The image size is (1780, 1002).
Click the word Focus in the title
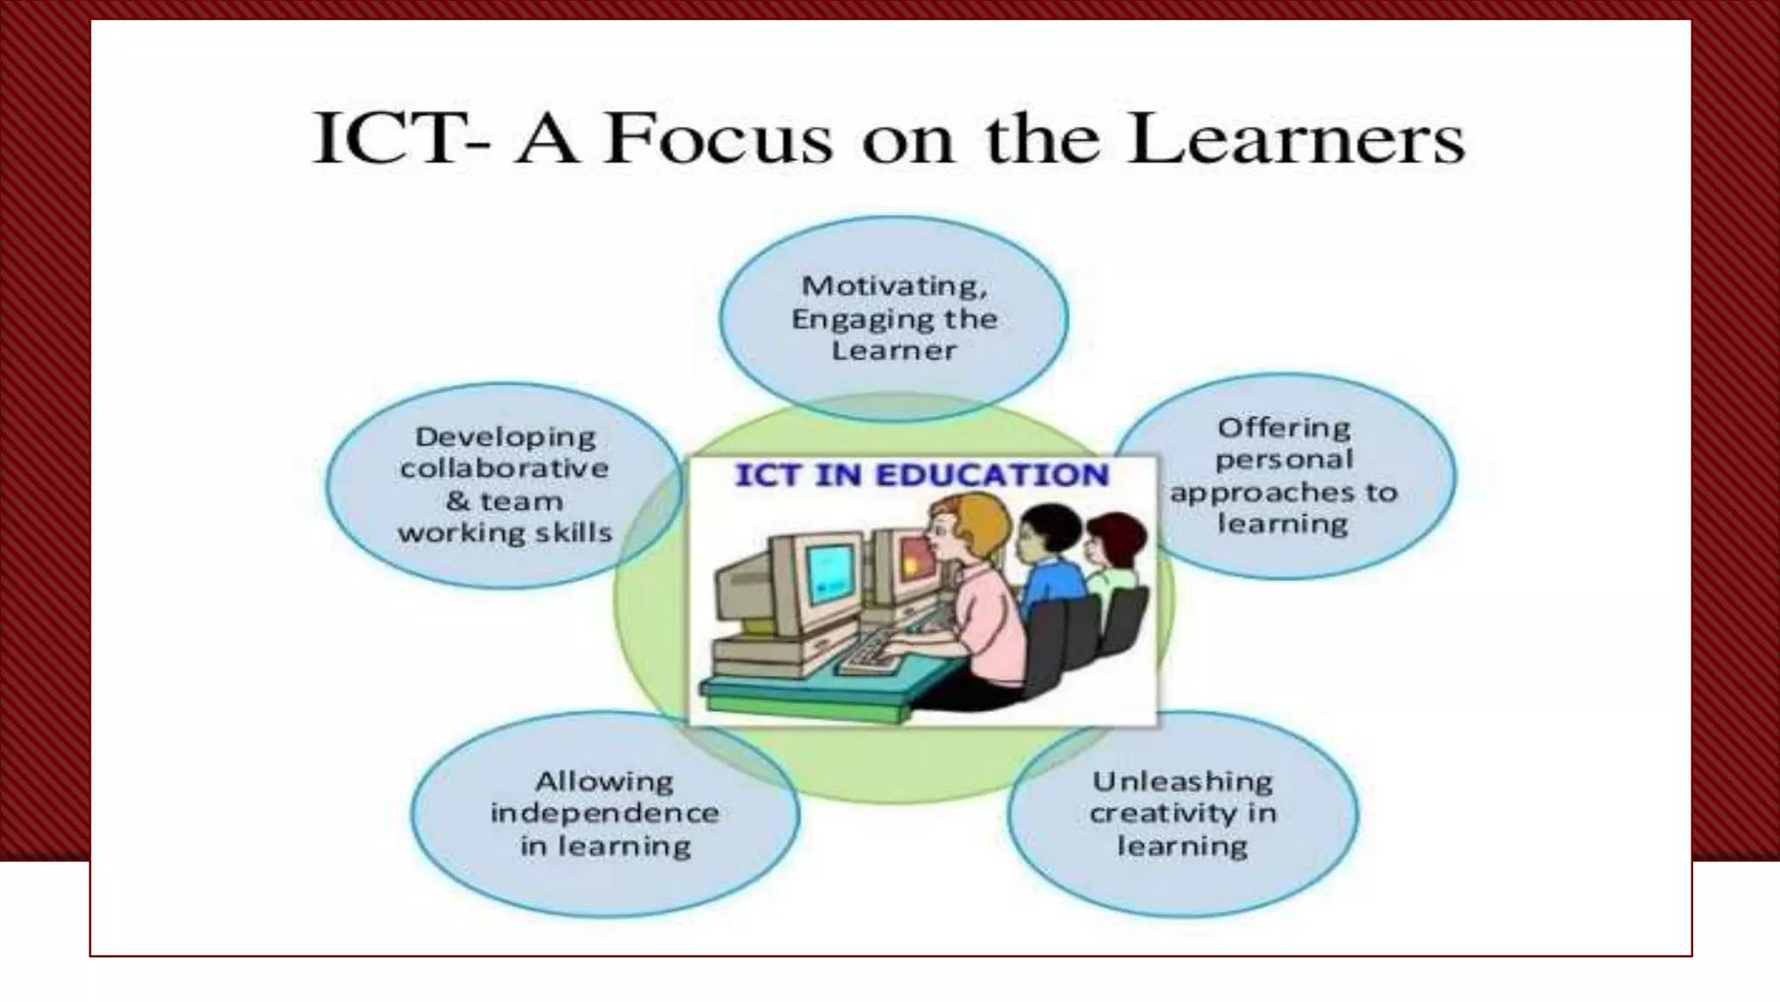coord(718,139)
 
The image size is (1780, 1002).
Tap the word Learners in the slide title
coord(1296,139)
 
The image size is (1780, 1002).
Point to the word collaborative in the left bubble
coord(504,468)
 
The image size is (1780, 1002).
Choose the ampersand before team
coord(457,501)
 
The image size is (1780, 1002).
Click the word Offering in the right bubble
coord(1284,428)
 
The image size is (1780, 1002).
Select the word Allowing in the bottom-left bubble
coord(604,781)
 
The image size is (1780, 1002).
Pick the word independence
coord(604,813)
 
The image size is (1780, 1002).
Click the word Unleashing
coord(1182,781)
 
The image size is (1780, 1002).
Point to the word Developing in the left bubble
coord(505,437)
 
